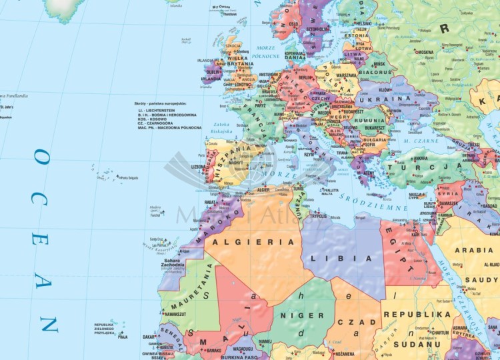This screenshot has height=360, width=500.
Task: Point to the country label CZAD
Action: pos(359,323)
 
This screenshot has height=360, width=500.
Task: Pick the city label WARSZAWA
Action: pos(346,75)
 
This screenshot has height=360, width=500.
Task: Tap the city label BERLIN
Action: pos(306,77)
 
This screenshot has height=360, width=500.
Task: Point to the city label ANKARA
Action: pos(421,159)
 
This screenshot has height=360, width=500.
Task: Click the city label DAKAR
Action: pos(148,337)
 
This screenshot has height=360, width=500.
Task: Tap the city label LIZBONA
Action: pos(199,167)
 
